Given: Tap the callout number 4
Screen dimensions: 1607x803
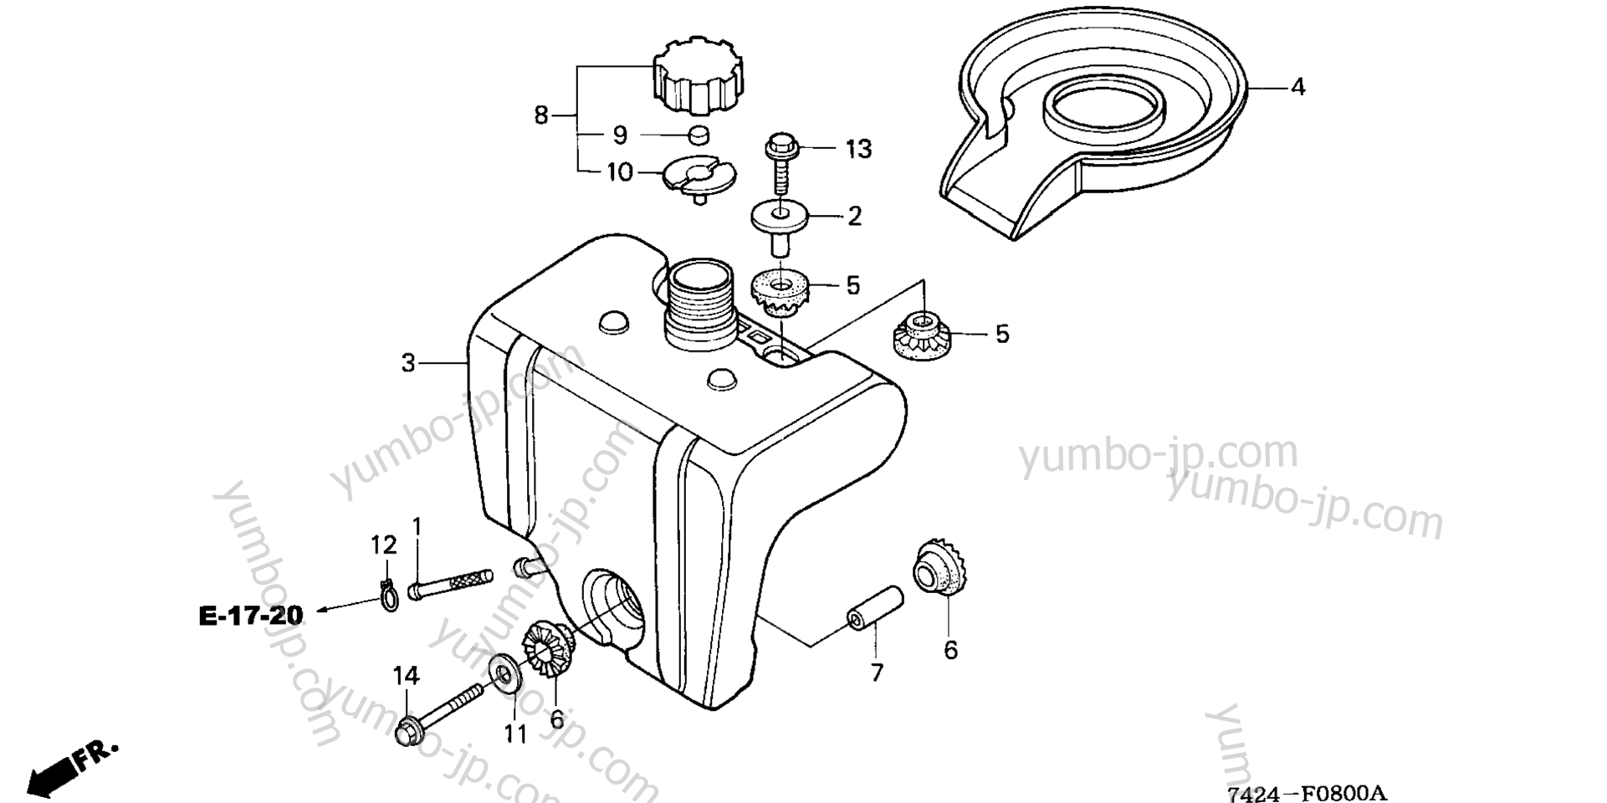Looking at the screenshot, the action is pos(1297,86).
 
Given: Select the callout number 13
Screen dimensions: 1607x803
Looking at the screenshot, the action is pos(858,150).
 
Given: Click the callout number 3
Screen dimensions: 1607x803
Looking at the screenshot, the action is pos(408,364).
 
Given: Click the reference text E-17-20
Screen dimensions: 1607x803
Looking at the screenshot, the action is pos(251,616).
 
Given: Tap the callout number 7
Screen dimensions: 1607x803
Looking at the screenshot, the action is pos(876,672).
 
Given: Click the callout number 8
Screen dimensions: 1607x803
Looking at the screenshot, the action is pos(541,115).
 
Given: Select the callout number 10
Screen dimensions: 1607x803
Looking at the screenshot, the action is pos(619,173).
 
